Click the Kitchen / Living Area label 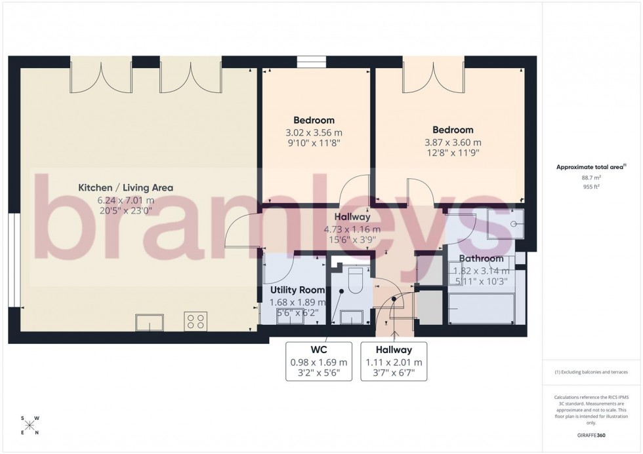coord(125,187)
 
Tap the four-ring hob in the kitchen coord(196,322)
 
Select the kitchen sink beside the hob coord(150,322)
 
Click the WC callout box coord(319,362)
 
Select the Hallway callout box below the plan coord(394,362)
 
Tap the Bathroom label coord(482,259)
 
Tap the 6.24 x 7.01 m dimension coord(125,200)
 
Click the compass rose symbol coord(30,425)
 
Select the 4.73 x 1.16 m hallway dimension coord(352,229)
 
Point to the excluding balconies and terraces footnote coord(591,371)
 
